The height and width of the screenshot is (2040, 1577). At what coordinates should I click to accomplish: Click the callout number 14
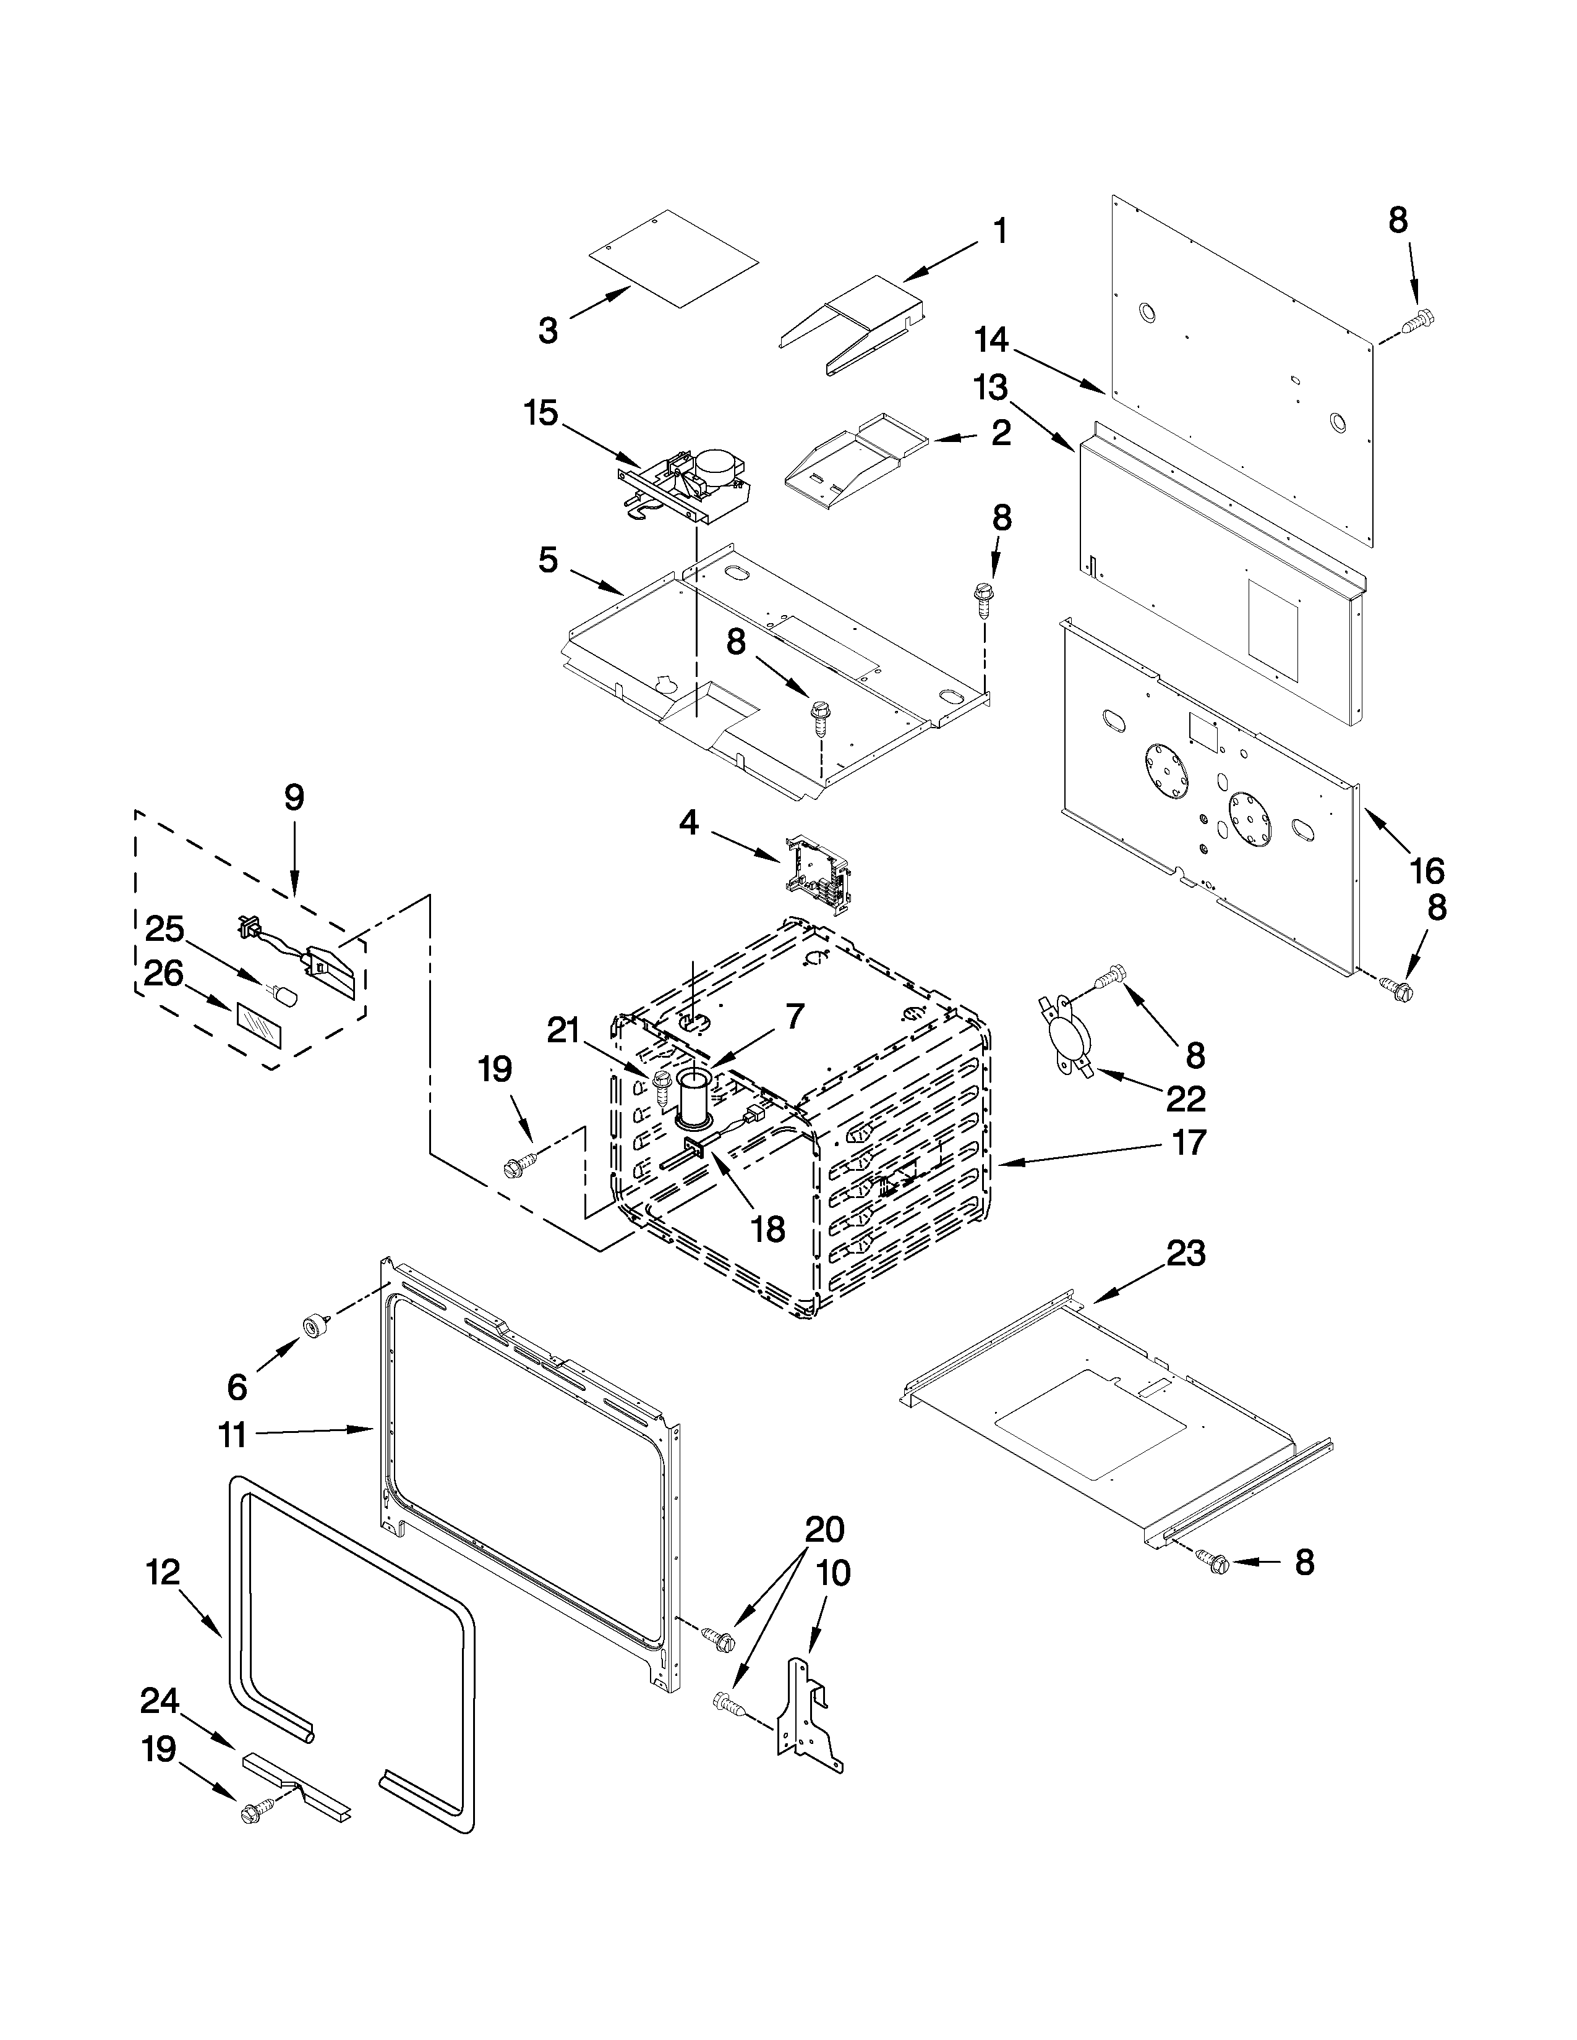pos(992,340)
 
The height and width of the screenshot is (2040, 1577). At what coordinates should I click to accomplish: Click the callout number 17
pos(1189,1142)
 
